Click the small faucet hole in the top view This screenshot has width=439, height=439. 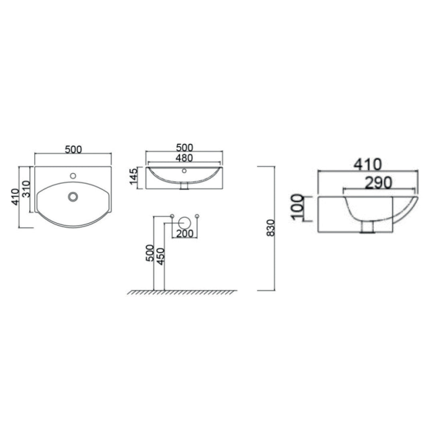73,175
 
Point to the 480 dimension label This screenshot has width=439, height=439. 184,158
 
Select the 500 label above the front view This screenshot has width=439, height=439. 184,147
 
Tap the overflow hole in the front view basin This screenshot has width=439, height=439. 184,171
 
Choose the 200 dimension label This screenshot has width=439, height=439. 185,233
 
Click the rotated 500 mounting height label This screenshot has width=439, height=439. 150,253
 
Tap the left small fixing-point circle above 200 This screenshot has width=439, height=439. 172,216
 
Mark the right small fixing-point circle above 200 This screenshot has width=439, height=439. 197,216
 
